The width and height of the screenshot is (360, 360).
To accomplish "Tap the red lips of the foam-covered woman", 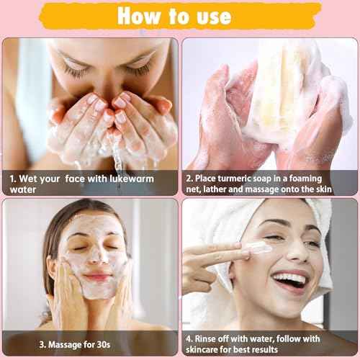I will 98,276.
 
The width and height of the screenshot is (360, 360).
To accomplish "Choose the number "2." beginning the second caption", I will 189,178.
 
